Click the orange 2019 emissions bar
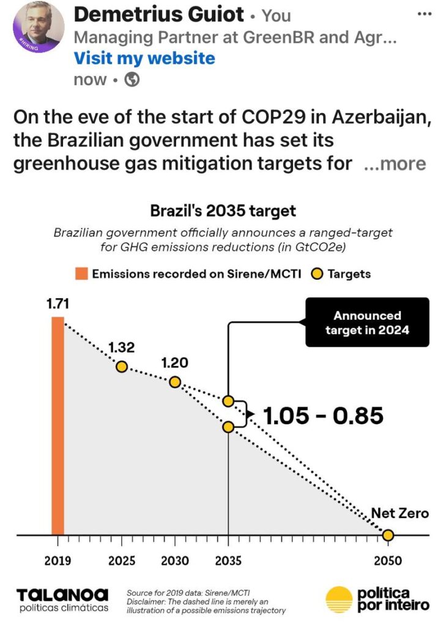click(58, 426)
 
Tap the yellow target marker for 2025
click(122, 367)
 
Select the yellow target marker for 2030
click(175, 382)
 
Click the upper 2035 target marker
click(228, 401)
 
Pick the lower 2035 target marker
click(228, 427)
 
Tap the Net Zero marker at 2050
click(387, 536)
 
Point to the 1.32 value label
click(121, 347)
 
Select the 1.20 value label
click(174, 362)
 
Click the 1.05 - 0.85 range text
click(323, 416)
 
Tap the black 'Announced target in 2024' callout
click(367, 323)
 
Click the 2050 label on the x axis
click(387, 561)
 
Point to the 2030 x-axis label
click(175, 561)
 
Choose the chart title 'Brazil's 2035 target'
click(223, 211)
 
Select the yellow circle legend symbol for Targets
click(317, 274)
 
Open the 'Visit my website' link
click(144, 58)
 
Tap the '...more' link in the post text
click(395, 163)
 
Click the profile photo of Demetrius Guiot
click(38, 27)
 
